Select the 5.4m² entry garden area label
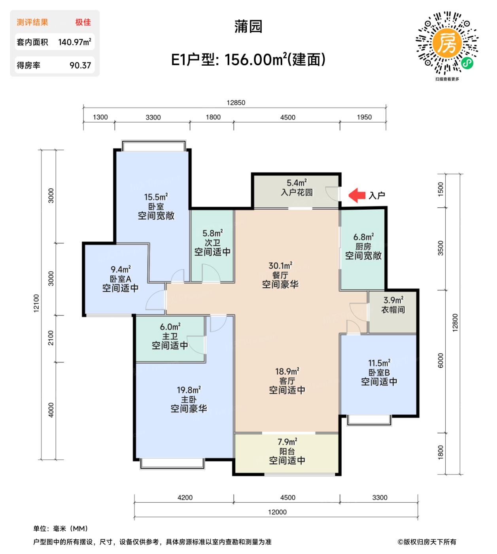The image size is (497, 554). coord(297,183)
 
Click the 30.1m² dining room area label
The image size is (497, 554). coord(280,266)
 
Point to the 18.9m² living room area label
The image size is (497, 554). coord(287,372)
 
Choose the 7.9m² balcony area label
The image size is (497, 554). coord(287,442)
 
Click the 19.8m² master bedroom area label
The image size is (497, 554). coord(189,390)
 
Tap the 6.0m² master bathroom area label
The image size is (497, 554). coord(170,327)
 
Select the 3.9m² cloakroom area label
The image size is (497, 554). coord(393,300)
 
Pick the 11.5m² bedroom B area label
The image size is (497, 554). coord(379,363)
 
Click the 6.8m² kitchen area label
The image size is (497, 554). coord(363,237)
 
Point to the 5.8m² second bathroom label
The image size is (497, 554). coord(212,233)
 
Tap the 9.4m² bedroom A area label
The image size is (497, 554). coord(120,270)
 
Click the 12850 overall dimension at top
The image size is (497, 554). coord(236,103)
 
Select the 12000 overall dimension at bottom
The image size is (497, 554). coord(277,512)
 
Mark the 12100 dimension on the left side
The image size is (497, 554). coord(36,304)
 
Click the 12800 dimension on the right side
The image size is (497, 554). coord(455,323)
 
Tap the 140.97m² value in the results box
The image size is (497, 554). coord(74,42)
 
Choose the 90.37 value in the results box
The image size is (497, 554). coord(80,65)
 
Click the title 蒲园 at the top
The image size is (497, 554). coord(248,27)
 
